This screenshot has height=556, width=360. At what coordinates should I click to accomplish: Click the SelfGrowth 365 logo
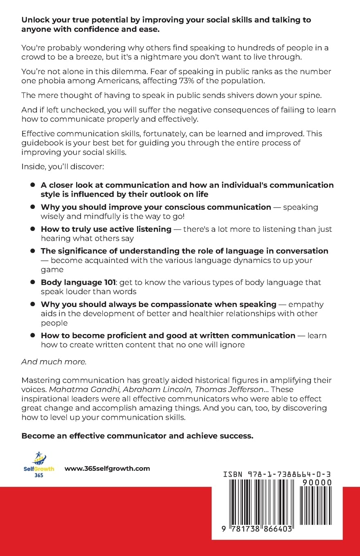coord(38,463)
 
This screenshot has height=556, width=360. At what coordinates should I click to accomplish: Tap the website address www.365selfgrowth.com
coord(107,469)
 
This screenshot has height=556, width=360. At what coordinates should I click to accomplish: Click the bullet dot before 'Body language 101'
coord(32,282)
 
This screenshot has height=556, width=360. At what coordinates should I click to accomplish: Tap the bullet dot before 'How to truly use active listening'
coord(32,229)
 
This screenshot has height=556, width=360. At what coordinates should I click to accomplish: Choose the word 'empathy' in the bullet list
coord(306,304)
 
